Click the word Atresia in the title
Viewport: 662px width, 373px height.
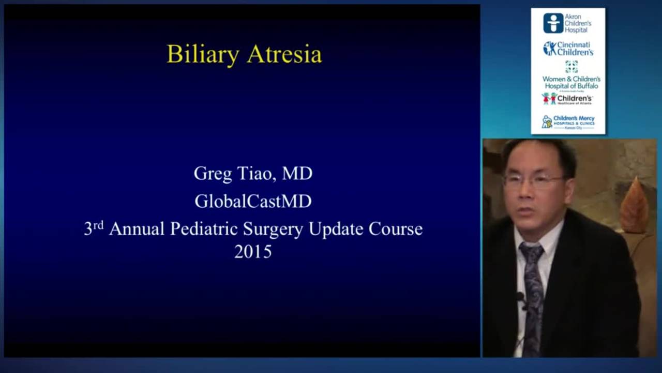(x=284, y=54)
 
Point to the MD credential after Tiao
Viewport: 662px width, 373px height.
(x=297, y=173)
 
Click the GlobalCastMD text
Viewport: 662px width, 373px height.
(x=253, y=201)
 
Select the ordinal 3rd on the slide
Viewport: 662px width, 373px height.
(x=94, y=228)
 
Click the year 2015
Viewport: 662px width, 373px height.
(x=253, y=252)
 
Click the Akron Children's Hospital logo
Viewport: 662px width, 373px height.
(x=567, y=23)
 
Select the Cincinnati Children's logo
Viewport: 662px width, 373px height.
(x=568, y=49)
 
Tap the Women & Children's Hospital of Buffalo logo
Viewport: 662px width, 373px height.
(x=571, y=76)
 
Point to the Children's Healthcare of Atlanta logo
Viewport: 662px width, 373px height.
(x=567, y=98)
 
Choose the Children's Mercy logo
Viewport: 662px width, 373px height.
(x=568, y=122)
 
